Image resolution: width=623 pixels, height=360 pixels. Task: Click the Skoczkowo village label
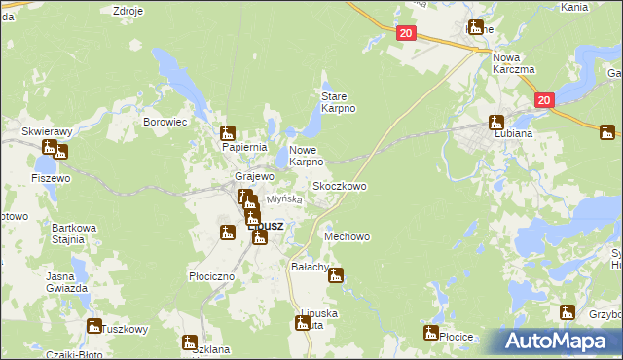[339, 185]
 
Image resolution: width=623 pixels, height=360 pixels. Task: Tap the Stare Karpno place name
[339, 102]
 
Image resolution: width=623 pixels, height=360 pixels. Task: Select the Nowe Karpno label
[312, 156]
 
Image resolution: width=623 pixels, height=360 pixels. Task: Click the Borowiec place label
[165, 123]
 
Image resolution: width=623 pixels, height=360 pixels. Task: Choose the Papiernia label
[244, 147]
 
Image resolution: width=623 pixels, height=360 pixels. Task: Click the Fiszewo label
[51, 178]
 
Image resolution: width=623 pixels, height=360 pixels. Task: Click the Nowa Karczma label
[513, 63]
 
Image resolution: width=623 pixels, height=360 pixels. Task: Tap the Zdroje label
[128, 11]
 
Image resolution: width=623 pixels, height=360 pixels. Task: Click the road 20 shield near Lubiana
[543, 99]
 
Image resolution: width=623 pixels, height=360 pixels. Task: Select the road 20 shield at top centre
[406, 33]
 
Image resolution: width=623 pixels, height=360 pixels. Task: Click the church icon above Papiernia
[228, 133]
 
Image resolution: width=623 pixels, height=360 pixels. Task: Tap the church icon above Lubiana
[495, 123]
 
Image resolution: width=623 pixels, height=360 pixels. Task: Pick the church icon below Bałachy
[336, 275]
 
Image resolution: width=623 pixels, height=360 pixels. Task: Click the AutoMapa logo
[560, 341]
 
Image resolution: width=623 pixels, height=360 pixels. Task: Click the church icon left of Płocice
[430, 334]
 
